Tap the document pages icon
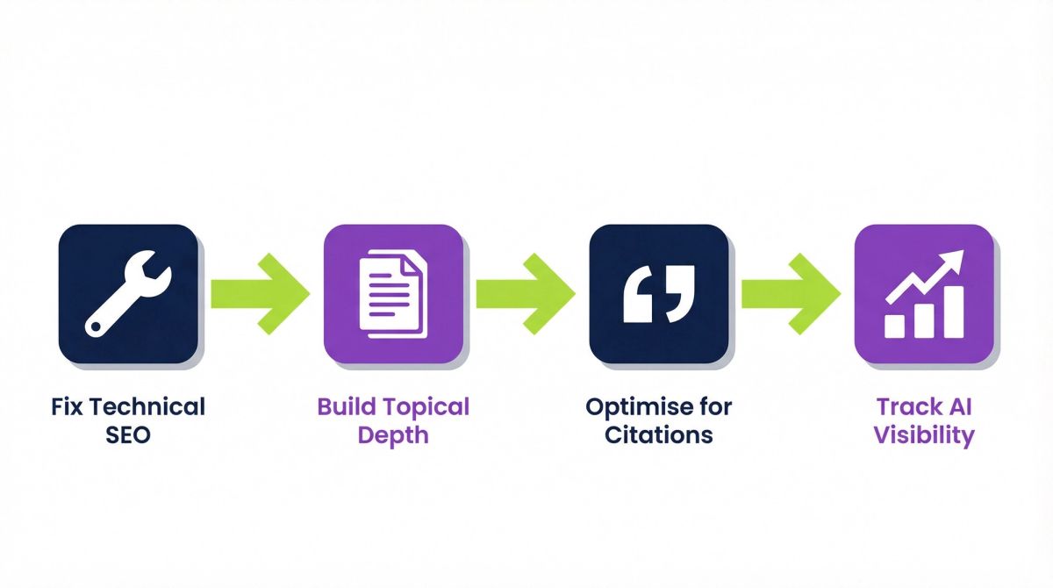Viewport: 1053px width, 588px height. pyautogui.click(x=393, y=294)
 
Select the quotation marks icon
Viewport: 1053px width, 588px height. pyautogui.click(x=659, y=294)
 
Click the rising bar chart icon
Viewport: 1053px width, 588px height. pyautogui.click(x=924, y=294)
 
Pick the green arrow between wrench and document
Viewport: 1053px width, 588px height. pyautogui.click(x=261, y=294)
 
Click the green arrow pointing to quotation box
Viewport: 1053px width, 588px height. pyautogui.click(x=526, y=294)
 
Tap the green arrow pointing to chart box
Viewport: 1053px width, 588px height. pyautogui.click(x=792, y=294)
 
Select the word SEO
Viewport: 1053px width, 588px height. pyautogui.click(x=128, y=434)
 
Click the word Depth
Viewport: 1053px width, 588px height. pyautogui.click(x=393, y=436)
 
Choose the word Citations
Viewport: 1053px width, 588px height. pyautogui.click(x=659, y=434)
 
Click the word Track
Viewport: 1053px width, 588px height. pyautogui.click(x=899, y=406)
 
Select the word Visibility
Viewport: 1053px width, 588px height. pyautogui.click(x=924, y=436)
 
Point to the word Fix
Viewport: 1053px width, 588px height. pyautogui.click(x=67, y=406)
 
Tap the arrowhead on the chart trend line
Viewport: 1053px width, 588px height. pyautogui.click(x=953, y=260)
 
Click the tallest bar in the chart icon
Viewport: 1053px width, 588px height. pyautogui.click(x=954, y=312)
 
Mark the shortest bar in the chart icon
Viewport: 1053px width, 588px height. pyautogui.click(x=894, y=326)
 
